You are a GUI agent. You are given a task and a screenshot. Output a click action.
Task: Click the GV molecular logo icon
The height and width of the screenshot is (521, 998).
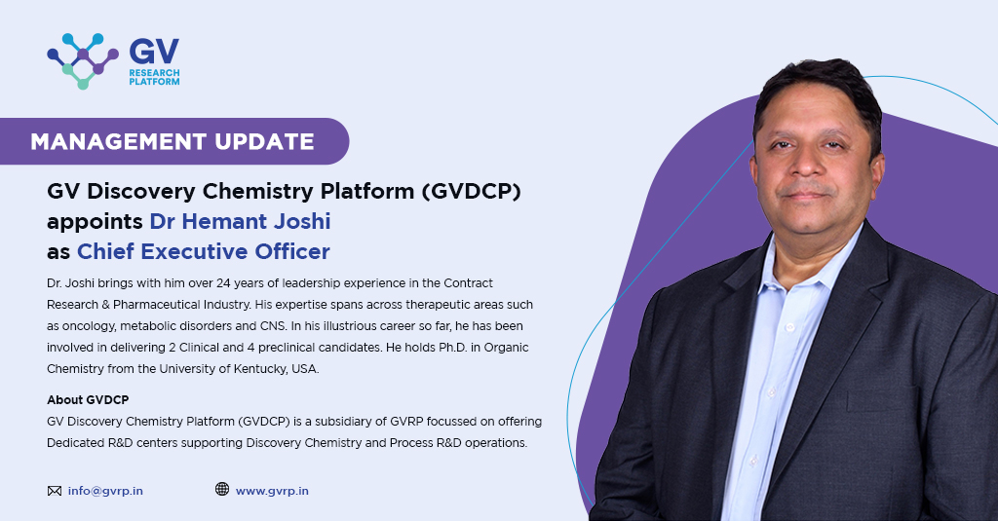point(82,60)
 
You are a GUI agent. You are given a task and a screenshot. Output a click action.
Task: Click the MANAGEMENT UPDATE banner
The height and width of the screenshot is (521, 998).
point(173,141)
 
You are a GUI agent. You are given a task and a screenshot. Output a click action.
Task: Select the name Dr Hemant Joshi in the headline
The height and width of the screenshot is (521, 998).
point(240,221)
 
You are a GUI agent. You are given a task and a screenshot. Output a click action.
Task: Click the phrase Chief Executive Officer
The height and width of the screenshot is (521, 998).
point(204,251)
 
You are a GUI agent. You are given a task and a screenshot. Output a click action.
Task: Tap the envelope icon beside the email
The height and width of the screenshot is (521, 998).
point(54,491)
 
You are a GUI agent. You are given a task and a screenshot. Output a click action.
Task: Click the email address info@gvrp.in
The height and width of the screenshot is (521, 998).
point(105,491)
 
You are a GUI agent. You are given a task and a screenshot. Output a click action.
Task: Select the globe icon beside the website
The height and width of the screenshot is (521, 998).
point(222,490)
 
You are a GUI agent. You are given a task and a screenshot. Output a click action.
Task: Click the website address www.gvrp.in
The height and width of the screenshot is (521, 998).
point(272,491)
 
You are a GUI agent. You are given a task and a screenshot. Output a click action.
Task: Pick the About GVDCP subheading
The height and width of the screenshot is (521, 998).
point(88,400)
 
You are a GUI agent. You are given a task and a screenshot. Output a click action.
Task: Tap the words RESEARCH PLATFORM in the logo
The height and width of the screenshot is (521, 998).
point(154,77)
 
